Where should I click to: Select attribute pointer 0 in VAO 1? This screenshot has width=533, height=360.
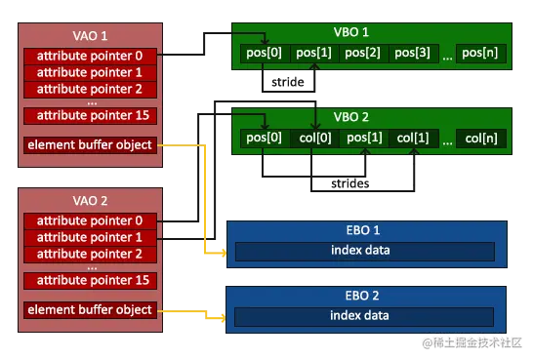(89, 56)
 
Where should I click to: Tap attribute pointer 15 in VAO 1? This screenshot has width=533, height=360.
(89, 115)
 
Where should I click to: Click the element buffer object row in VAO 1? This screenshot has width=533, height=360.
(89, 145)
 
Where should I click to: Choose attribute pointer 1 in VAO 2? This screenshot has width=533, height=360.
(89, 236)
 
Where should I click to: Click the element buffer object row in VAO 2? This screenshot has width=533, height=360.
(89, 309)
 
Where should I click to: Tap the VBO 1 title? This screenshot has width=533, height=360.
(367, 31)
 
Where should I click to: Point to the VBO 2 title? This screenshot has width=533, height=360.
(367, 117)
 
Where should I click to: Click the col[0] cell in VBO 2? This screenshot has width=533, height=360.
(315, 138)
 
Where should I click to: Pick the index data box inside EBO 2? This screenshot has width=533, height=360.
(364, 315)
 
